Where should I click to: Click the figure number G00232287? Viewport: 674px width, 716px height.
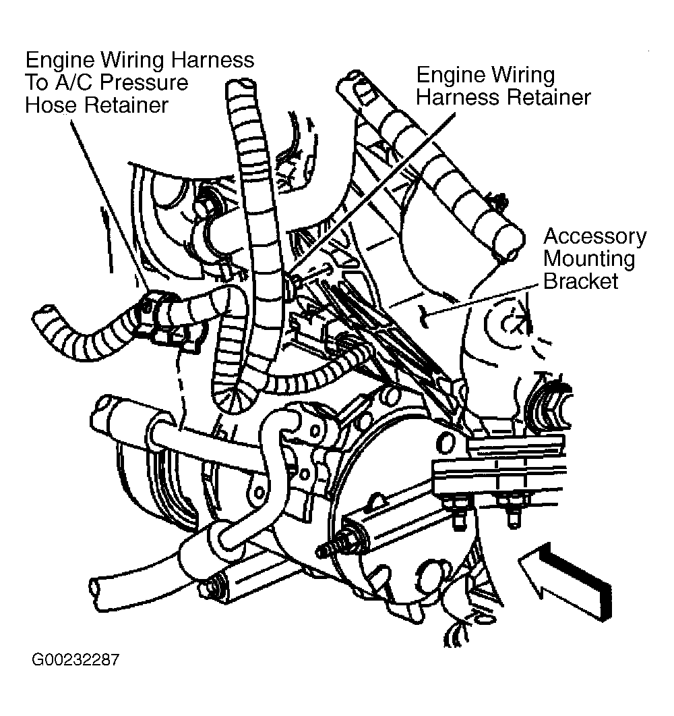click(x=75, y=660)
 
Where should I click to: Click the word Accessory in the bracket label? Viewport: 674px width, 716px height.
click(x=595, y=237)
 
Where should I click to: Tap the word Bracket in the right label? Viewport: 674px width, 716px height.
click(x=581, y=281)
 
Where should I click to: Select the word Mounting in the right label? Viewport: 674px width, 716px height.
click(x=589, y=259)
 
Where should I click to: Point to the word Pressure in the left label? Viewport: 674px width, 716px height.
click(x=144, y=82)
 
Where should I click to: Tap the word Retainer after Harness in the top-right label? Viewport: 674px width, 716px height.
click(x=549, y=97)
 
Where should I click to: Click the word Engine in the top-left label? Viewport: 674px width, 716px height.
click(x=60, y=60)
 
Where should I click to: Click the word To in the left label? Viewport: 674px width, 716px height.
click(x=36, y=82)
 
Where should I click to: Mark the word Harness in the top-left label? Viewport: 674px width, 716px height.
click(x=212, y=60)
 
